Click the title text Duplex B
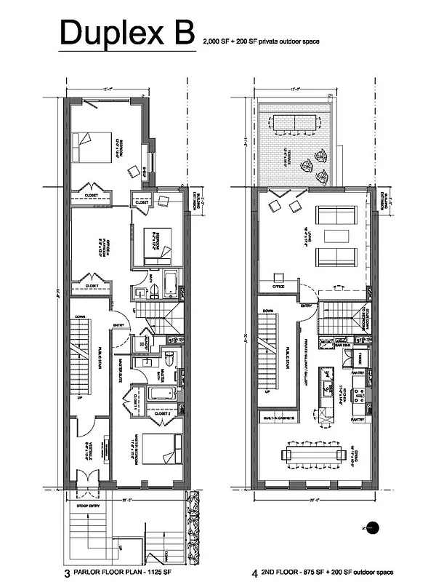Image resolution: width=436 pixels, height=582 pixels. [127, 34]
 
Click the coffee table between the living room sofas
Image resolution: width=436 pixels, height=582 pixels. [335, 236]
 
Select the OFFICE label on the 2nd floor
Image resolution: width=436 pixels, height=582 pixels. [278, 286]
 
